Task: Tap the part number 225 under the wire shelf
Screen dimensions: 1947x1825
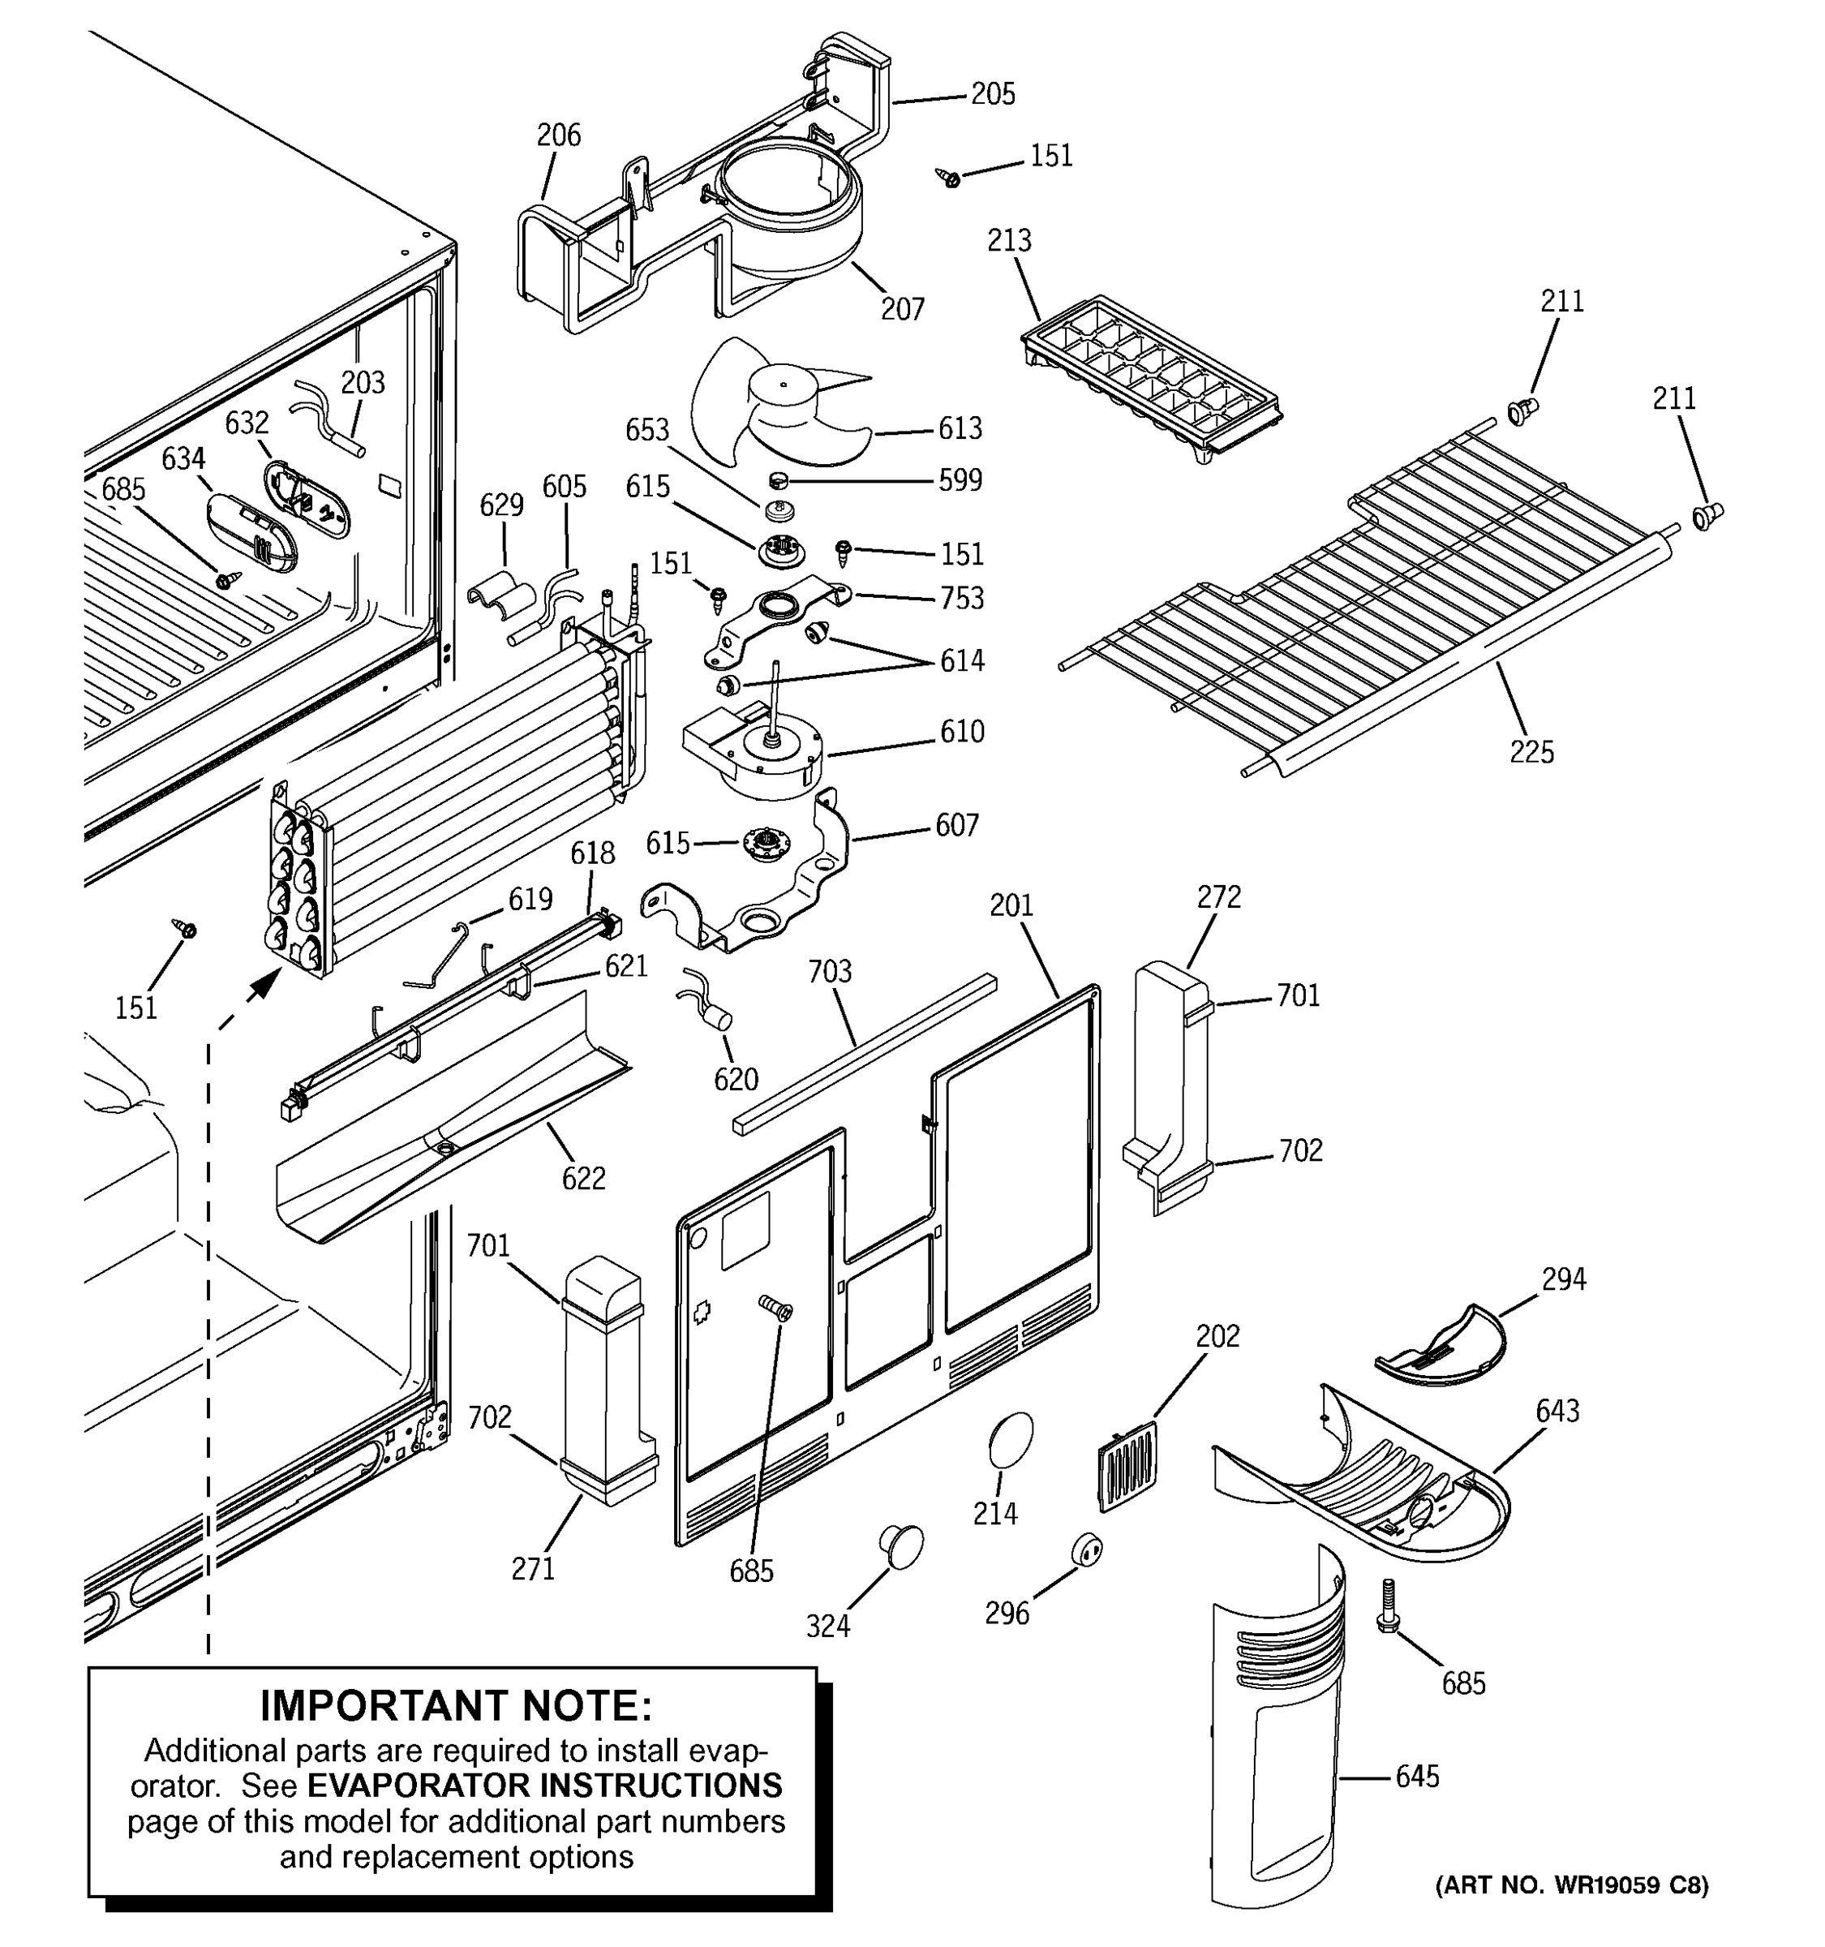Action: click(1531, 752)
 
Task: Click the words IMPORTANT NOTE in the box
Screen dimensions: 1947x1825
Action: click(455, 1705)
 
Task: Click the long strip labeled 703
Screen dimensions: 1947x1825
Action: click(864, 1053)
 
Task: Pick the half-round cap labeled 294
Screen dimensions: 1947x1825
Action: click(1443, 1347)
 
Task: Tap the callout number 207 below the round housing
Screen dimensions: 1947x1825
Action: click(902, 309)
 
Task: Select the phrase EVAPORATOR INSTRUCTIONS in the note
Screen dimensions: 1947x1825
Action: click(544, 1786)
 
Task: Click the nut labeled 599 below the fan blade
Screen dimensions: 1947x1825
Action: click(779, 480)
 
